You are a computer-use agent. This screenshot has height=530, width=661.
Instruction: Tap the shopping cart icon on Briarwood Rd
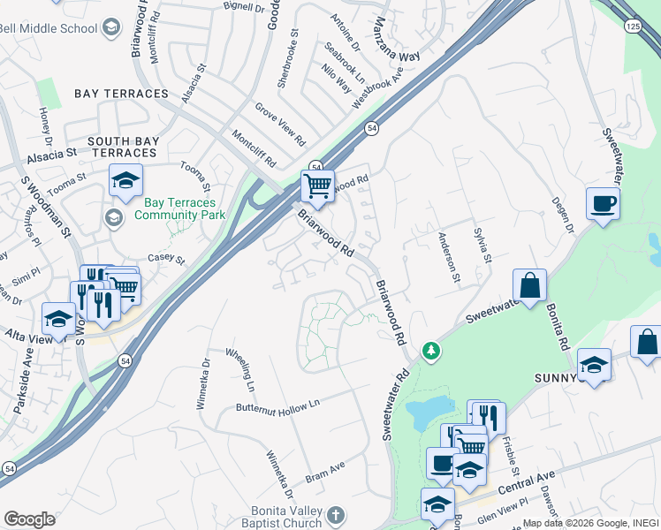[x=317, y=185]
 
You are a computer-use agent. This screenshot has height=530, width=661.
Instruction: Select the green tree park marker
[x=431, y=352]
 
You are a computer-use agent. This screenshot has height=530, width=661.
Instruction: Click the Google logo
[x=29, y=519]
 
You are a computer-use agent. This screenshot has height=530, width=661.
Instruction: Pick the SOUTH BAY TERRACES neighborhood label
[x=124, y=147]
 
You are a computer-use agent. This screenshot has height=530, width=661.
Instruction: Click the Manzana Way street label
[x=384, y=40]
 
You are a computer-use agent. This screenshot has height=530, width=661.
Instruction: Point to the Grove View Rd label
[x=280, y=124]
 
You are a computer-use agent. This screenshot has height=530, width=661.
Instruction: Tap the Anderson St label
[x=449, y=258]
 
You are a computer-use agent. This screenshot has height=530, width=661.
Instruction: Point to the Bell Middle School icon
[x=110, y=28]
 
